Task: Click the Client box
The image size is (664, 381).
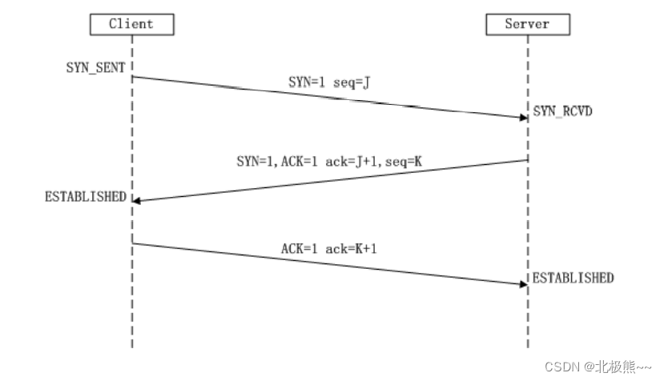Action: click(x=131, y=24)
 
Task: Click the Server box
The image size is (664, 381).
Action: click(x=528, y=24)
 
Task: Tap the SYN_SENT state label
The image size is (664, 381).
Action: click(x=95, y=67)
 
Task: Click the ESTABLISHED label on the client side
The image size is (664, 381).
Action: click(x=86, y=196)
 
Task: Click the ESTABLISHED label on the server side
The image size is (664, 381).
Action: click(x=573, y=278)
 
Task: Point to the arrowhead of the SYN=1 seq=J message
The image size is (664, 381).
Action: click(x=522, y=117)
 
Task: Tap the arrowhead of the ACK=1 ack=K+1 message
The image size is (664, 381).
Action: click(x=522, y=283)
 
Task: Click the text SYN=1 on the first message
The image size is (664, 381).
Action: click(x=308, y=82)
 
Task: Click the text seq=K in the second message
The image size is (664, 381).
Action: click(x=408, y=161)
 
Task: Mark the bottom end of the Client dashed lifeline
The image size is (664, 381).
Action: click(x=132, y=346)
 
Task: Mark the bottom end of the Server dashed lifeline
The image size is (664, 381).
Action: click(x=528, y=346)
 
